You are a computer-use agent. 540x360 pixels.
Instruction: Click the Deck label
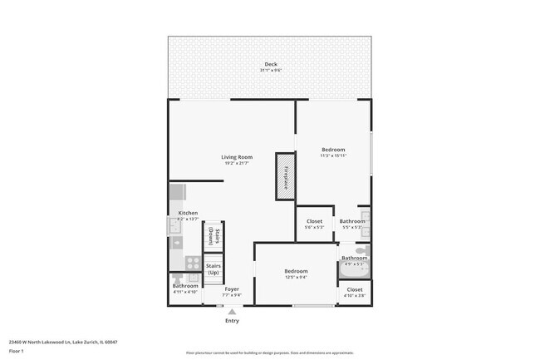click(270, 64)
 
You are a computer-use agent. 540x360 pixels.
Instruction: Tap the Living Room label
click(237, 157)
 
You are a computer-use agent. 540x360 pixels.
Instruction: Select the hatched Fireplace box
click(286, 176)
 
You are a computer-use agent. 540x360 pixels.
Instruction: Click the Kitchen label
click(188, 214)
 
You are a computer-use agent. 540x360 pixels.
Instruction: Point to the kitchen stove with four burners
click(192, 263)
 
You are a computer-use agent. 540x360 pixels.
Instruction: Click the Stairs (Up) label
click(213, 269)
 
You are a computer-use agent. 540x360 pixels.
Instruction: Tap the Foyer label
click(232, 289)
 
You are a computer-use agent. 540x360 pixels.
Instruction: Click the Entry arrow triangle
click(232, 311)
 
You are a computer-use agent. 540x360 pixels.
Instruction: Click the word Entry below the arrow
click(232, 321)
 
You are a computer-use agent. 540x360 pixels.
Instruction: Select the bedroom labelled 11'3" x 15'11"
click(333, 150)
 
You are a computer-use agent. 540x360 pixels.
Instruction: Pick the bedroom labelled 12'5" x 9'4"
click(297, 271)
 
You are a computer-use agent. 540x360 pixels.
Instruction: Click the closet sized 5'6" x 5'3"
click(314, 221)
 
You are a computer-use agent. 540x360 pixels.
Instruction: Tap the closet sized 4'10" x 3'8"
click(355, 289)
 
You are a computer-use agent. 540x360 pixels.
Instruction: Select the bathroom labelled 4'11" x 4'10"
click(185, 287)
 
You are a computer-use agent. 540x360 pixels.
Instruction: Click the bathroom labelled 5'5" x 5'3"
click(351, 221)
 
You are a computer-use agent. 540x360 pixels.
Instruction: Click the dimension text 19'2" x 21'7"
click(237, 163)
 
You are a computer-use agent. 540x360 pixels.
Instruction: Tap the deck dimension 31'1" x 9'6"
click(270, 70)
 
